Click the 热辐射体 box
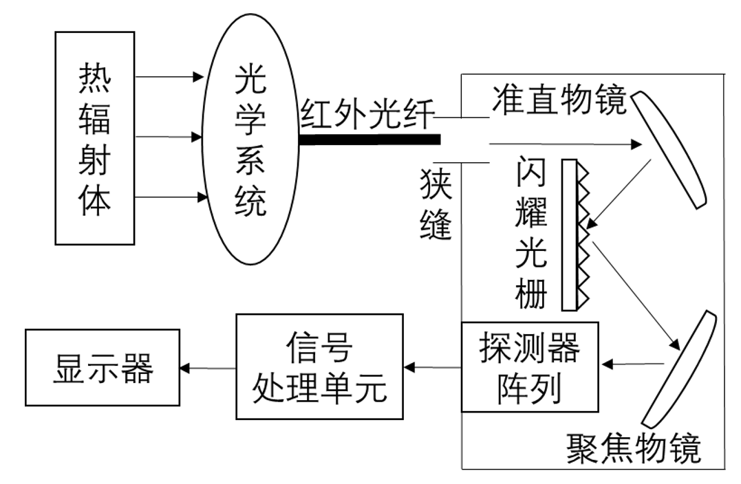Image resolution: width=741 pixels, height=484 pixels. [x=94, y=137]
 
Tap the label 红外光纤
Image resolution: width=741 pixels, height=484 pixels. [x=369, y=113]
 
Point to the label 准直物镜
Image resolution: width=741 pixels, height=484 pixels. [x=559, y=100]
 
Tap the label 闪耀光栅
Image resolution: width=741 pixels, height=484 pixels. [x=531, y=234]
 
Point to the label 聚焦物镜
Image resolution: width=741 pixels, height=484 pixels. [x=634, y=448]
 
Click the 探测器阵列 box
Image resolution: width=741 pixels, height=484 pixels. [x=529, y=367]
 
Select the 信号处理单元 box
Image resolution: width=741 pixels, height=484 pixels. [x=319, y=366]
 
